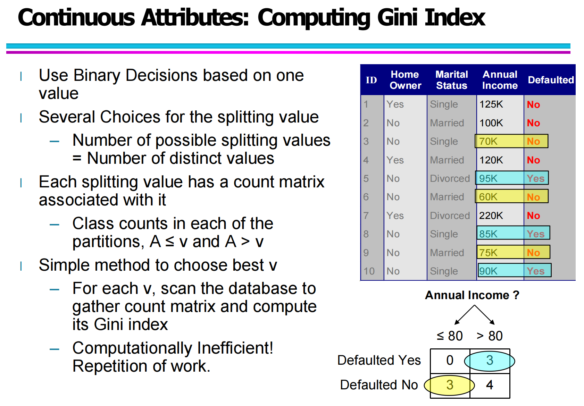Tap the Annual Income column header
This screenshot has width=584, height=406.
(x=500, y=80)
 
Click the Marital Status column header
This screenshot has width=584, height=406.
(x=452, y=80)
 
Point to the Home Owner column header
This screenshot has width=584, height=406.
(x=406, y=80)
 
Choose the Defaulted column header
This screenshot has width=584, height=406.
(x=551, y=80)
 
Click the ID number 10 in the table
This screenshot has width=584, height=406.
(x=369, y=271)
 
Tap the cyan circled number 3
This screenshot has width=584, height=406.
(x=489, y=361)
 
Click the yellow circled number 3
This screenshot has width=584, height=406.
(x=450, y=385)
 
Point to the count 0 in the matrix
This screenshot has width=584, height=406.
(x=450, y=361)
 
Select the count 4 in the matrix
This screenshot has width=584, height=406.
(x=490, y=385)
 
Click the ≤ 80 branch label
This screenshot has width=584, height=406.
(x=450, y=336)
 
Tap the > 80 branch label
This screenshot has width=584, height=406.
(x=489, y=336)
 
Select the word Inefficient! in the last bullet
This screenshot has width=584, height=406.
(x=235, y=348)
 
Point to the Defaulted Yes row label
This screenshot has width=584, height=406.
(x=379, y=361)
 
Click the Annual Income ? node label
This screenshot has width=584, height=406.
(x=472, y=295)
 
